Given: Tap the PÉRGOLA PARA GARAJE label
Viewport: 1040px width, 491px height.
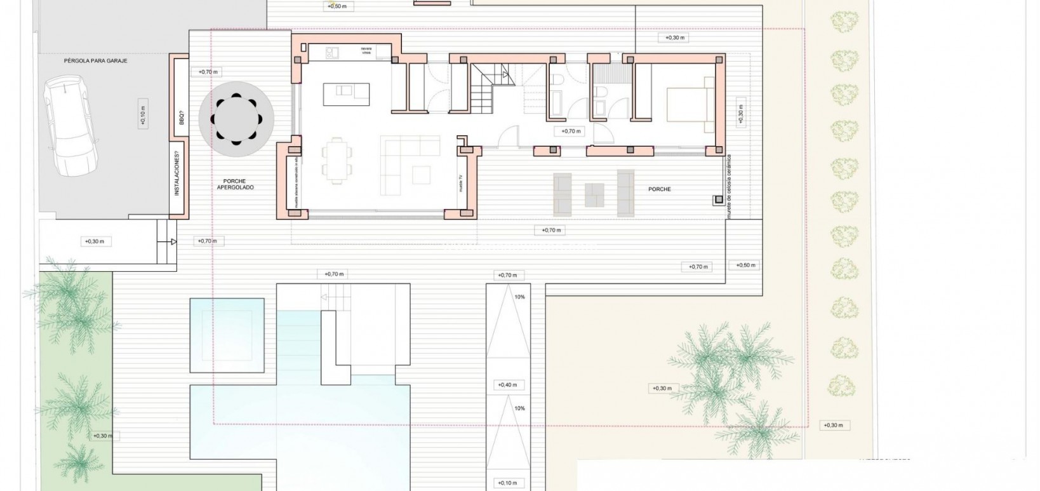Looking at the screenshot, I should (96, 62).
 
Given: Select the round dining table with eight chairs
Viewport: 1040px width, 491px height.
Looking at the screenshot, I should (236, 119).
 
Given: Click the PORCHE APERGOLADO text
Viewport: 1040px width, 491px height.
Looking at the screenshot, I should (235, 184).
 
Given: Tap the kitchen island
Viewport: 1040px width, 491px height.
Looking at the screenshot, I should (346, 95).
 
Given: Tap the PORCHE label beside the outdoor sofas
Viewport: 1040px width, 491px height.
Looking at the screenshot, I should (660, 189).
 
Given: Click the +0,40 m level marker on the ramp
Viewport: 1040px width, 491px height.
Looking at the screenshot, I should (507, 385).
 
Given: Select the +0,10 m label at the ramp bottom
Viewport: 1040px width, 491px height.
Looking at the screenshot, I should (507, 483).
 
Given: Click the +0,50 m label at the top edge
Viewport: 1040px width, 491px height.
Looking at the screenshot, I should (337, 6).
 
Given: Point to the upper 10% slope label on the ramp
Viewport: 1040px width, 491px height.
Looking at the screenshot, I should (520, 297).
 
